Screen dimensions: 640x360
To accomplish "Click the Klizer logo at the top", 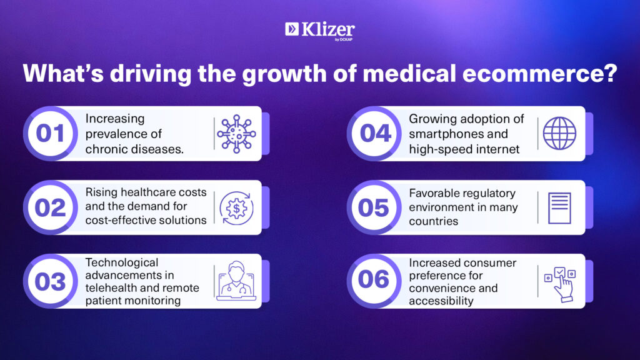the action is pos(320,31).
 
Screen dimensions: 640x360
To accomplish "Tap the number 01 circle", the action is pos(50,134).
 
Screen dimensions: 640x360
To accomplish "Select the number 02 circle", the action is pos(50,207).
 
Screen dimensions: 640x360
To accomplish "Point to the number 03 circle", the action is pos(50,281).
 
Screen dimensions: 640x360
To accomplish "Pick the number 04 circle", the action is pos(374,134).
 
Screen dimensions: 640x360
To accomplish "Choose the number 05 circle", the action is pos(374,207).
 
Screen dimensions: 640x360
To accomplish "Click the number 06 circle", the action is pos(374,281).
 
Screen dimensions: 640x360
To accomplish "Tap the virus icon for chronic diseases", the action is pos(236,134).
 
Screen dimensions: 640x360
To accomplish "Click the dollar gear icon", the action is pos(236,208).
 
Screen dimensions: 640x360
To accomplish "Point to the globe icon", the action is pos(559,134).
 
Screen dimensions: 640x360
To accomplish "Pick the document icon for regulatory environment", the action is pos(559,208).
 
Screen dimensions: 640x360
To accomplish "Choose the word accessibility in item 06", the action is pos(441,301).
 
